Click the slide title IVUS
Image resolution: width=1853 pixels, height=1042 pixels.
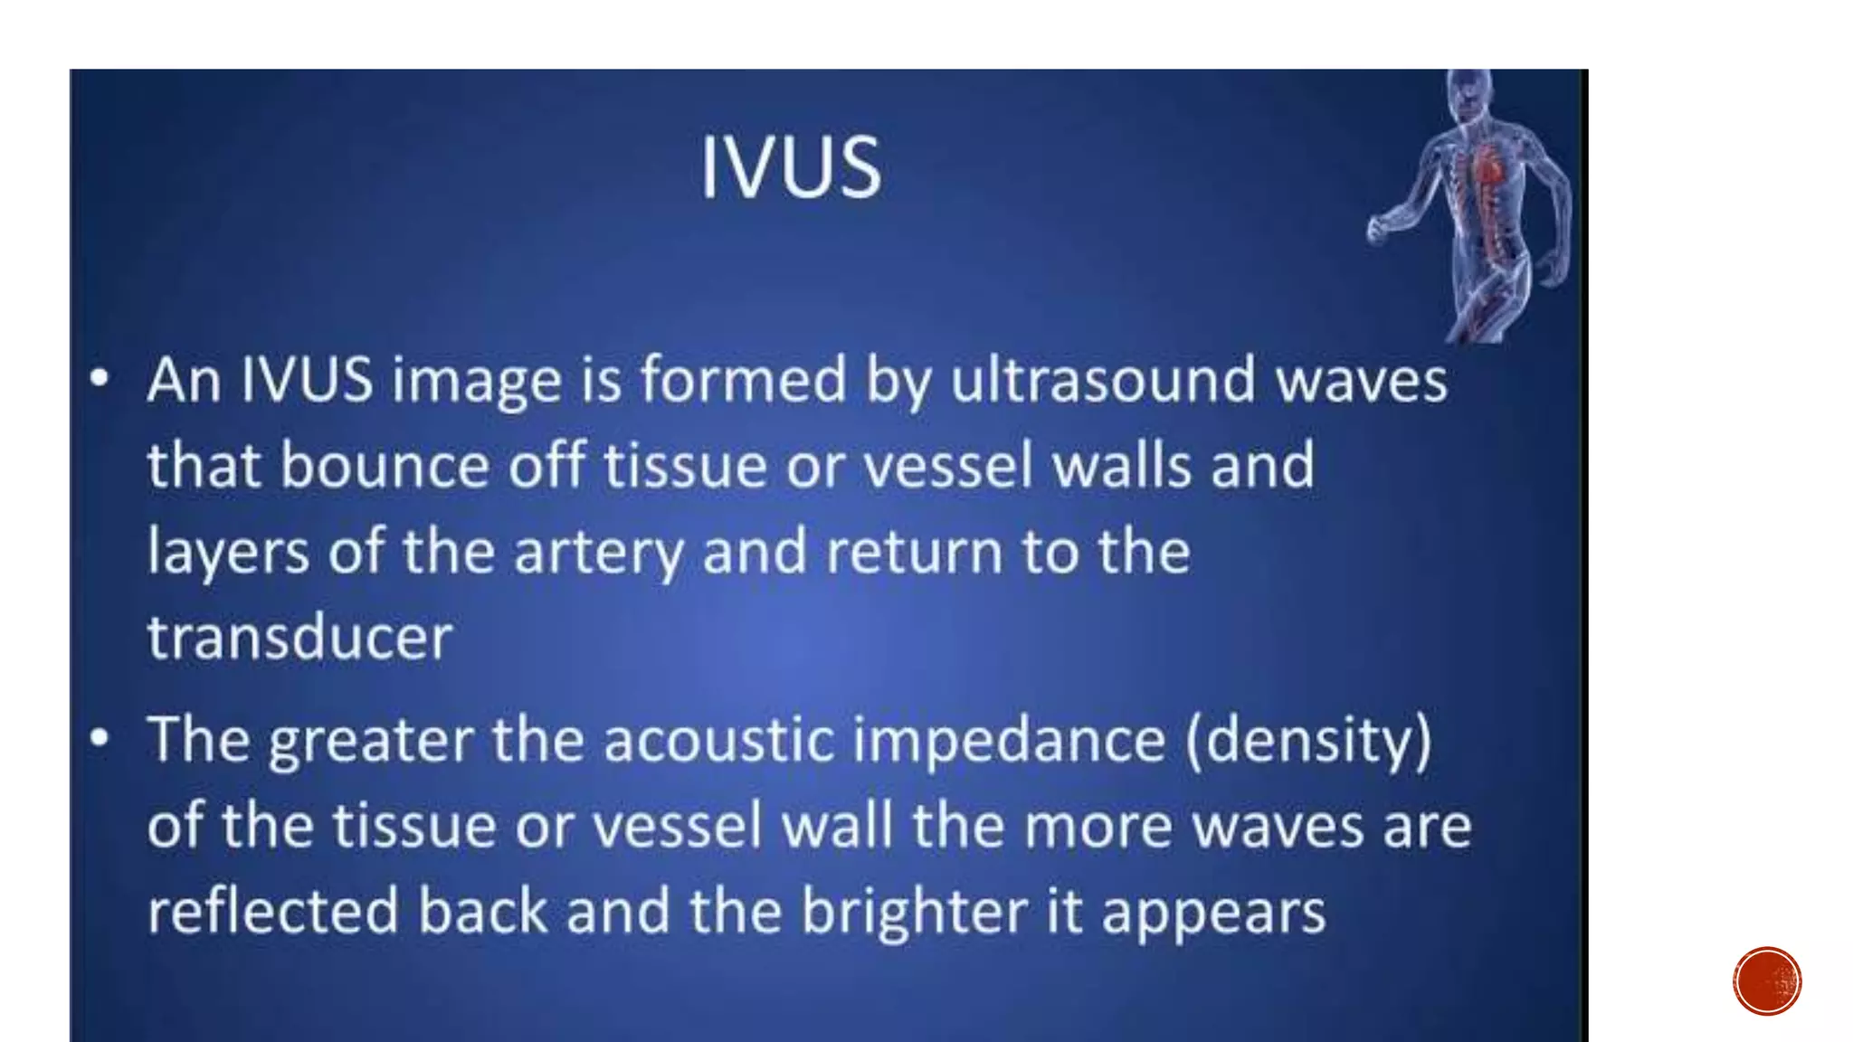[791, 167]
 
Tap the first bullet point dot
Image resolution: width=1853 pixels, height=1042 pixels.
[100, 378]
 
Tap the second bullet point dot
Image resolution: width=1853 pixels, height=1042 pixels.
[100, 738]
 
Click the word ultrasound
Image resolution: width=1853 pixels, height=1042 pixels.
[1103, 380]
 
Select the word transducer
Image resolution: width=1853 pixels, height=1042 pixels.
[299, 638]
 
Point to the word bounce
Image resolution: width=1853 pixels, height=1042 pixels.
[385, 466]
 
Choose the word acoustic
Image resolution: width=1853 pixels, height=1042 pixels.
[718, 740]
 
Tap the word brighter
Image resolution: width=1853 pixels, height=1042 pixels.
[914, 912]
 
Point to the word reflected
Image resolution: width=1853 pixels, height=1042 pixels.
[272, 912]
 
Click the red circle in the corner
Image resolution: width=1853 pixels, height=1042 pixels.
[1767, 981]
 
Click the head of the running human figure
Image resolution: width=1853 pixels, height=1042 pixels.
[1468, 90]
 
